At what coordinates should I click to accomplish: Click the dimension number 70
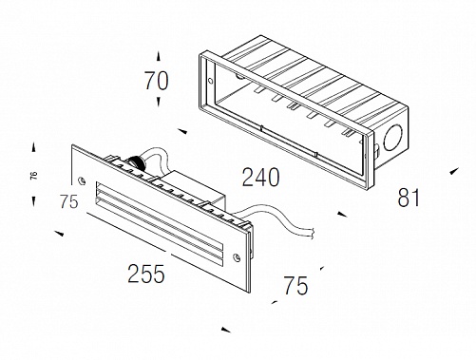(x=157, y=81)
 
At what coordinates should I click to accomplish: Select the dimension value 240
(x=261, y=177)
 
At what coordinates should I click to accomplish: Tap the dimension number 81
(x=409, y=198)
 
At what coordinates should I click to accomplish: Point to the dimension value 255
(x=146, y=274)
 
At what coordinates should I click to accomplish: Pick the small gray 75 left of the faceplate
(x=69, y=201)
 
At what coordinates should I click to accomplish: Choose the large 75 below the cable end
(x=295, y=286)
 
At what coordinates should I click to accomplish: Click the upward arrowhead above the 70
(x=159, y=57)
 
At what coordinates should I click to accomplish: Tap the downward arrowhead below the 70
(x=159, y=102)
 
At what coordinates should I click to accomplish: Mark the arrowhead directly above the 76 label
(x=33, y=147)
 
